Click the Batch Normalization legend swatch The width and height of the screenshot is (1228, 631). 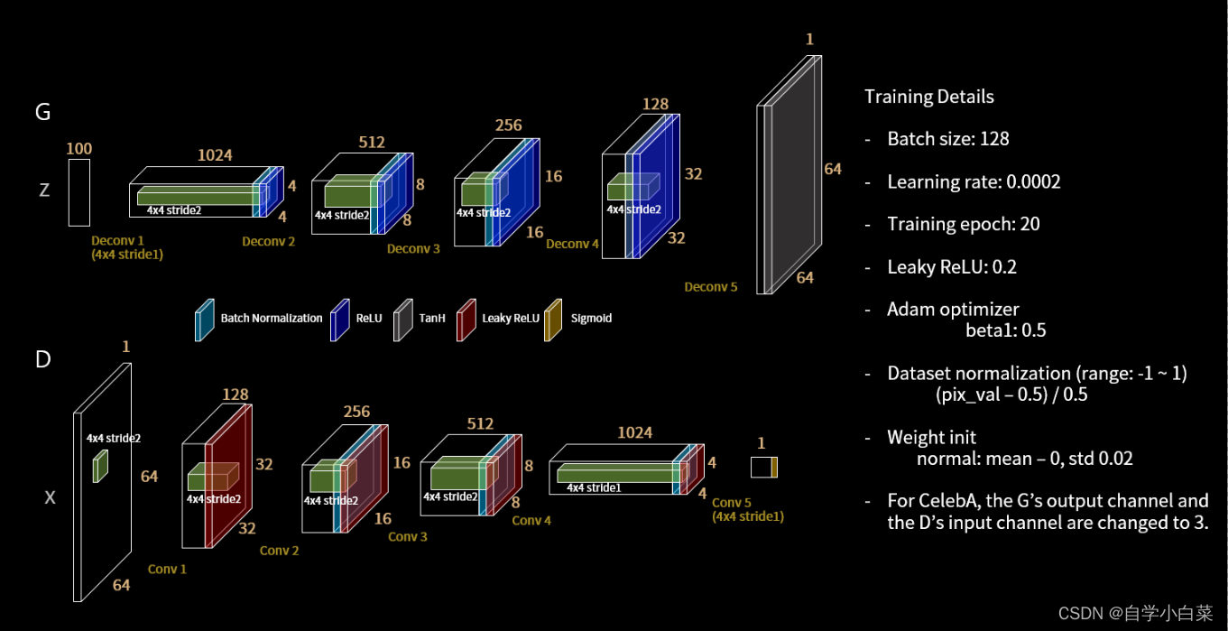point(205,320)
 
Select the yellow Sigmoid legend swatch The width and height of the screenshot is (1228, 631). point(553,320)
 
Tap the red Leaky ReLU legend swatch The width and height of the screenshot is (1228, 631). point(466,320)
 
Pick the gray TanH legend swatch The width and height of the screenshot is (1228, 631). point(402,320)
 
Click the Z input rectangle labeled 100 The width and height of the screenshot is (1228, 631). point(79,192)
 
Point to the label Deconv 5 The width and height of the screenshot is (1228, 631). point(711,287)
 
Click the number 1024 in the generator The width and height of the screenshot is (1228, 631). point(215,155)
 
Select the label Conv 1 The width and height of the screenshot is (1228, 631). point(168,569)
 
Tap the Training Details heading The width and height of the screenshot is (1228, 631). point(928,97)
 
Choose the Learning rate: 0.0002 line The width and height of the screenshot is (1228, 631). point(974,182)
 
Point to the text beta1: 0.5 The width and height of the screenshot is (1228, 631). point(1005,330)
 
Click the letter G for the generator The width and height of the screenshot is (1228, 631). point(42,112)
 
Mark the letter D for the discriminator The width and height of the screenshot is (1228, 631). point(42,359)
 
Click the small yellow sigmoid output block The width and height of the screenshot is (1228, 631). point(774,468)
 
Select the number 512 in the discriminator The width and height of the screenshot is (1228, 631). point(480,423)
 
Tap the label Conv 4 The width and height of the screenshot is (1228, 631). point(531,520)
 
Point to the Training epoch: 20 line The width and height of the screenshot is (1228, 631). point(963,224)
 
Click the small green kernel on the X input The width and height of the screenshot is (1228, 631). point(100,467)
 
